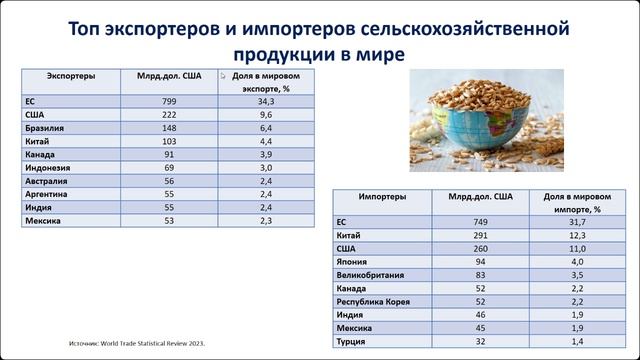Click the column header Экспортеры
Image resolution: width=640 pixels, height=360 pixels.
coord(71,75)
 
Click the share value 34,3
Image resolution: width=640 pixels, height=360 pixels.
coord(265,101)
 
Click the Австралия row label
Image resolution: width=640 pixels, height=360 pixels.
coord(47,181)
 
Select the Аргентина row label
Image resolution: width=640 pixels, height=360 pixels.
coord(47,195)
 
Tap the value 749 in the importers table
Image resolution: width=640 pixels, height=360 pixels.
coord(481,222)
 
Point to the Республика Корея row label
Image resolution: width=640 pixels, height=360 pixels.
coord(375,302)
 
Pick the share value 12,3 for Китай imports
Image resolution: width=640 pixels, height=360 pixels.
coord(576,235)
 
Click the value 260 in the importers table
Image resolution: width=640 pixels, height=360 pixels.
coord(481,248)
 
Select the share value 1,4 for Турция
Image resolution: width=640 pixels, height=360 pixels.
coord(576,342)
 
